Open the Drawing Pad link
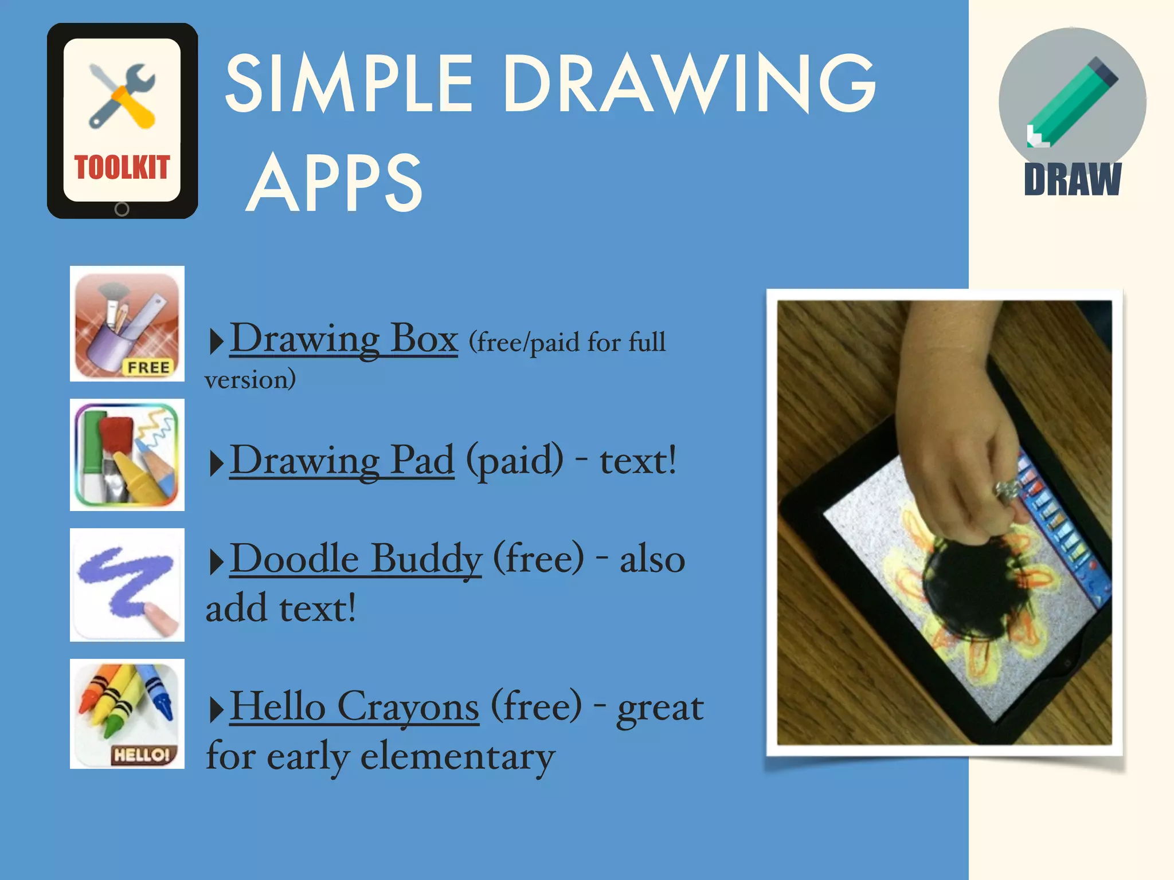[x=342, y=461]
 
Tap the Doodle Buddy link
[x=355, y=559]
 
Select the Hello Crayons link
[x=354, y=707]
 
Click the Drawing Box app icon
[x=127, y=324]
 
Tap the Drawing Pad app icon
[x=127, y=455]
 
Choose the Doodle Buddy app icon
[x=127, y=585]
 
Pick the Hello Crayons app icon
[x=127, y=714]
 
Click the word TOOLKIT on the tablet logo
[x=122, y=167]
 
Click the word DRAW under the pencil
[x=1073, y=179]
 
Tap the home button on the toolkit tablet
[x=122, y=209]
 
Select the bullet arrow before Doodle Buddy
[x=216, y=562]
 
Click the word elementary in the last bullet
[x=457, y=756]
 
